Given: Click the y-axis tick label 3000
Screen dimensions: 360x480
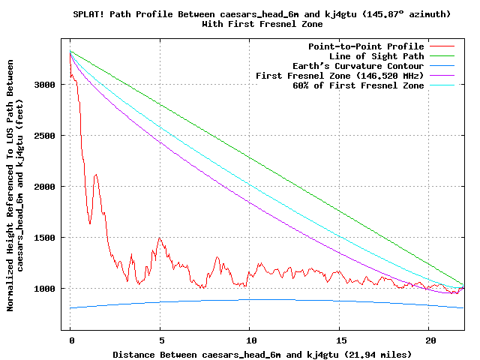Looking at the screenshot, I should (x=46, y=85).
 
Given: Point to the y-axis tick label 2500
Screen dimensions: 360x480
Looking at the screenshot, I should (x=46, y=136).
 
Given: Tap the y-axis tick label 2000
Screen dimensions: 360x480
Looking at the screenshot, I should (x=46, y=187).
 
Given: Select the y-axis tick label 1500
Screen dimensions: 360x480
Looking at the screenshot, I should (x=46, y=238).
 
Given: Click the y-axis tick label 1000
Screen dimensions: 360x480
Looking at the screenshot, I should (x=46, y=289).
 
